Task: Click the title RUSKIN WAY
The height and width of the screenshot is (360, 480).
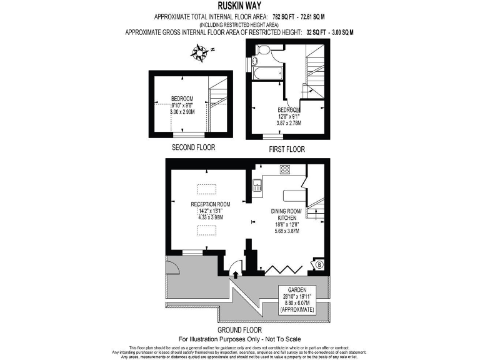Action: coord(239,6)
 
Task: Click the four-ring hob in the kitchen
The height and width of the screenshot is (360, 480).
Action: coord(285,169)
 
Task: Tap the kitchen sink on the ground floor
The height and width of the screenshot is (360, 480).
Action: coord(257,185)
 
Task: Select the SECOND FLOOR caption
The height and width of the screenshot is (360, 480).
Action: coord(193,148)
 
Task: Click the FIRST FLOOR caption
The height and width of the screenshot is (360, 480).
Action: coord(286,149)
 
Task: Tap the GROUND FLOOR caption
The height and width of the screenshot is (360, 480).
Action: coord(239,330)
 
